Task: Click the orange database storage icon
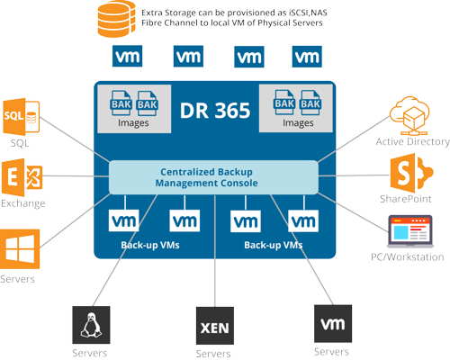click(x=116, y=19)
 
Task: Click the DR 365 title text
click(x=215, y=111)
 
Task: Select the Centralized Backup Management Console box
click(x=213, y=177)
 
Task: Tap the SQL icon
click(x=22, y=117)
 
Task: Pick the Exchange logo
click(x=22, y=177)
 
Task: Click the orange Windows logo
click(x=20, y=249)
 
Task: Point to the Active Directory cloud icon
click(x=409, y=116)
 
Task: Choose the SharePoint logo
click(x=411, y=173)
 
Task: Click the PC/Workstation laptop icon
click(x=410, y=231)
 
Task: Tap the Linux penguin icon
click(x=91, y=325)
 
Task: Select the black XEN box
click(x=215, y=326)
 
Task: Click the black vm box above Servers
click(x=333, y=324)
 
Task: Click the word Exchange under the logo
click(x=23, y=203)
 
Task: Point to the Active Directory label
click(x=412, y=141)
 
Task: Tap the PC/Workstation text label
click(x=408, y=257)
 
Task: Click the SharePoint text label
click(x=406, y=199)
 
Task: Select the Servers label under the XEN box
click(x=213, y=354)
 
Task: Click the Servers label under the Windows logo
click(x=17, y=279)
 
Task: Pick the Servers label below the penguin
click(x=90, y=353)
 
